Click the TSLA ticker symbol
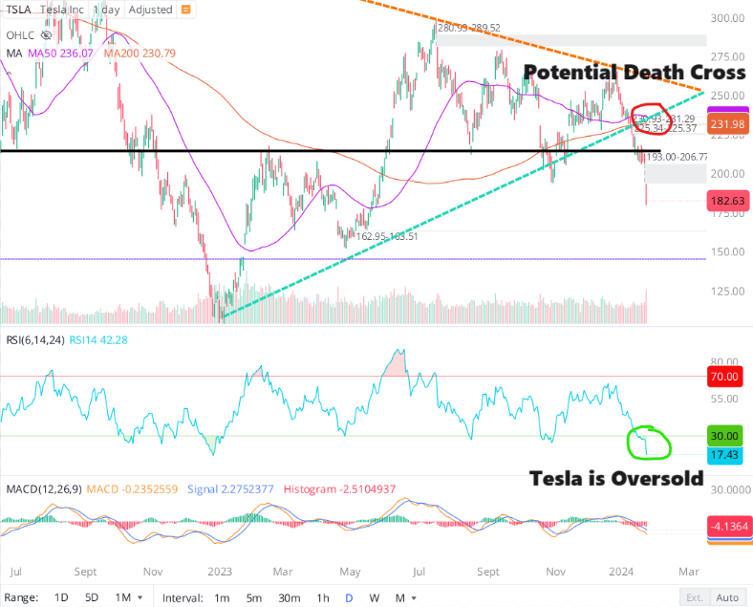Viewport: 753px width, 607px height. point(19,10)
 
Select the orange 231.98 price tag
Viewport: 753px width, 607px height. point(728,123)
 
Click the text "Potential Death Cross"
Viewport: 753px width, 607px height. point(635,73)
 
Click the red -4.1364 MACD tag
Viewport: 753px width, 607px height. point(728,526)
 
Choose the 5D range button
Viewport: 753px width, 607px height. point(91,597)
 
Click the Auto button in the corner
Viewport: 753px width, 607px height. point(728,597)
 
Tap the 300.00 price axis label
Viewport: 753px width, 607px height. point(729,18)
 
